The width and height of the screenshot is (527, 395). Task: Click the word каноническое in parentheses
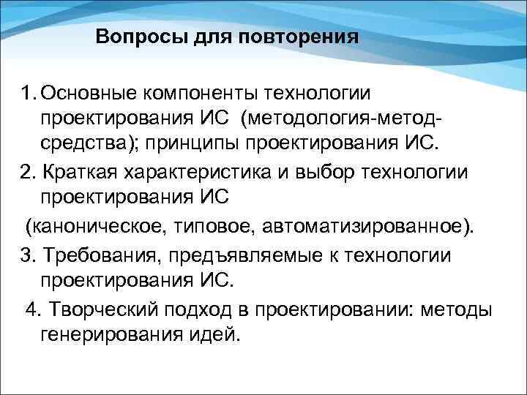(x=97, y=225)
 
